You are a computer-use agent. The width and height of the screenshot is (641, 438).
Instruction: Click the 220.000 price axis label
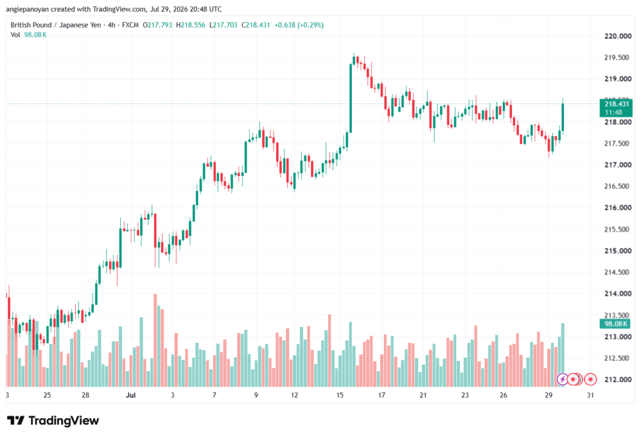pos(618,36)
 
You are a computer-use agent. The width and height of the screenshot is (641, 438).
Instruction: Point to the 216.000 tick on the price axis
pos(618,207)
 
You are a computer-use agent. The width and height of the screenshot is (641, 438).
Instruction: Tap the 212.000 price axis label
pos(618,380)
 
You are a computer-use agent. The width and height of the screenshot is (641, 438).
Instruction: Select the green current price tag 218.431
pos(616,108)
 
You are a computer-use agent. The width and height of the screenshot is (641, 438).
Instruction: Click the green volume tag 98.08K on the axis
pos(616,324)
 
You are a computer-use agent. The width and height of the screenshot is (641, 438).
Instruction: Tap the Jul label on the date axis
pos(130,395)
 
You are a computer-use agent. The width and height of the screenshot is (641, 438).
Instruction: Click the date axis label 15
pos(340,395)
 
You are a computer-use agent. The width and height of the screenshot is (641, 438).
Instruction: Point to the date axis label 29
pos(548,395)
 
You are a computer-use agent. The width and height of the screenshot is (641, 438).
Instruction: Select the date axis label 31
pos(590,395)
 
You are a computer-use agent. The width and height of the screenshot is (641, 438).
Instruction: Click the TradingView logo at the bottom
pos(53,420)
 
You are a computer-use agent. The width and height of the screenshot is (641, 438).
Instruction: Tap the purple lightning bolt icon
pos(563,380)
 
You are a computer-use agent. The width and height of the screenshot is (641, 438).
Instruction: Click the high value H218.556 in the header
pos(190,25)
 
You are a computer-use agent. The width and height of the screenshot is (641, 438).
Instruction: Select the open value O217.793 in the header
pos(157,25)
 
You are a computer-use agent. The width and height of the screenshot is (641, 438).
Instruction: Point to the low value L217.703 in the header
pos(223,25)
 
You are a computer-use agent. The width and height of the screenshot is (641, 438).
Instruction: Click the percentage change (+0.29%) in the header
pos(310,25)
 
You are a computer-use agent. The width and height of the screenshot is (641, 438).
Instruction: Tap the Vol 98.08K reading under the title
pos(29,35)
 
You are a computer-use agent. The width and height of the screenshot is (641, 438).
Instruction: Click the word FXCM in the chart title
pos(130,25)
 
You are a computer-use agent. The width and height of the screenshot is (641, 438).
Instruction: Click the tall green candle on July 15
pos(351,98)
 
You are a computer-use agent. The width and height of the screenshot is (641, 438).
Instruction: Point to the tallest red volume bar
pos(155,340)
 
